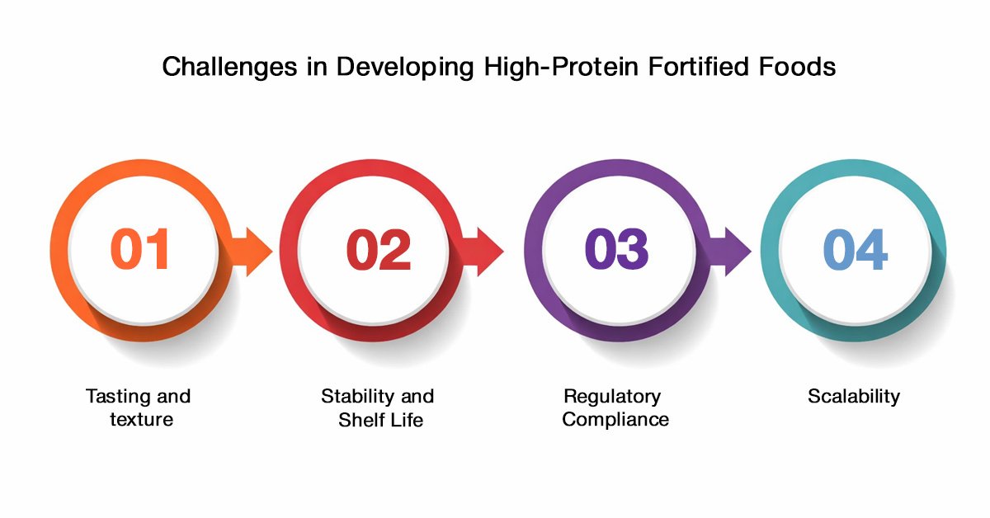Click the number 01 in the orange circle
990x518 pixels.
(x=139, y=249)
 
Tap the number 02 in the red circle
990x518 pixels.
(x=379, y=249)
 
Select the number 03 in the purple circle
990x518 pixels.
(x=616, y=249)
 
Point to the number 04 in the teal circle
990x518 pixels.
(x=856, y=249)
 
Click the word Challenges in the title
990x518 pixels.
(x=229, y=67)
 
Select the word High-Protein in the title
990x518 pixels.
(x=561, y=67)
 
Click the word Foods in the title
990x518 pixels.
(x=797, y=66)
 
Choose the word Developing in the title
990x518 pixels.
(x=405, y=67)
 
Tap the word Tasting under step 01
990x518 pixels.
(x=115, y=397)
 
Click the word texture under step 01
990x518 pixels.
(x=141, y=420)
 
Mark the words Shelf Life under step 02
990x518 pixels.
(x=380, y=420)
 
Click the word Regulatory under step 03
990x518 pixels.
(x=612, y=397)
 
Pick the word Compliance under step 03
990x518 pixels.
(x=615, y=420)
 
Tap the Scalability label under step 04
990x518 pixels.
(x=853, y=397)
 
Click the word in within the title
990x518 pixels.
(x=317, y=66)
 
